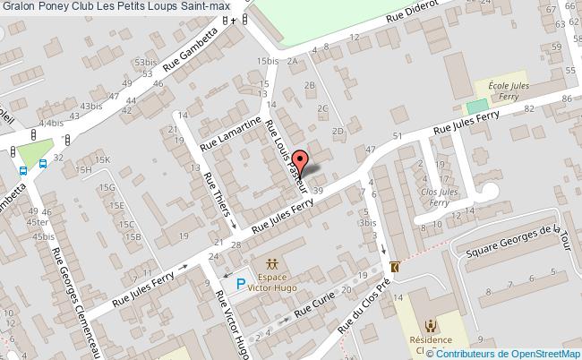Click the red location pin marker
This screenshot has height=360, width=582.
(301, 161)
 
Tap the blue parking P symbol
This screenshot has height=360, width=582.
(240, 285)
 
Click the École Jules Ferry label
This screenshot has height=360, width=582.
(508, 90)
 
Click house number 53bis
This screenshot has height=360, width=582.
(144, 62)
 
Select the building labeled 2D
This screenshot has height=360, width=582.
(338, 131)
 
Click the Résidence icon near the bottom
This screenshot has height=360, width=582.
(432, 326)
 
